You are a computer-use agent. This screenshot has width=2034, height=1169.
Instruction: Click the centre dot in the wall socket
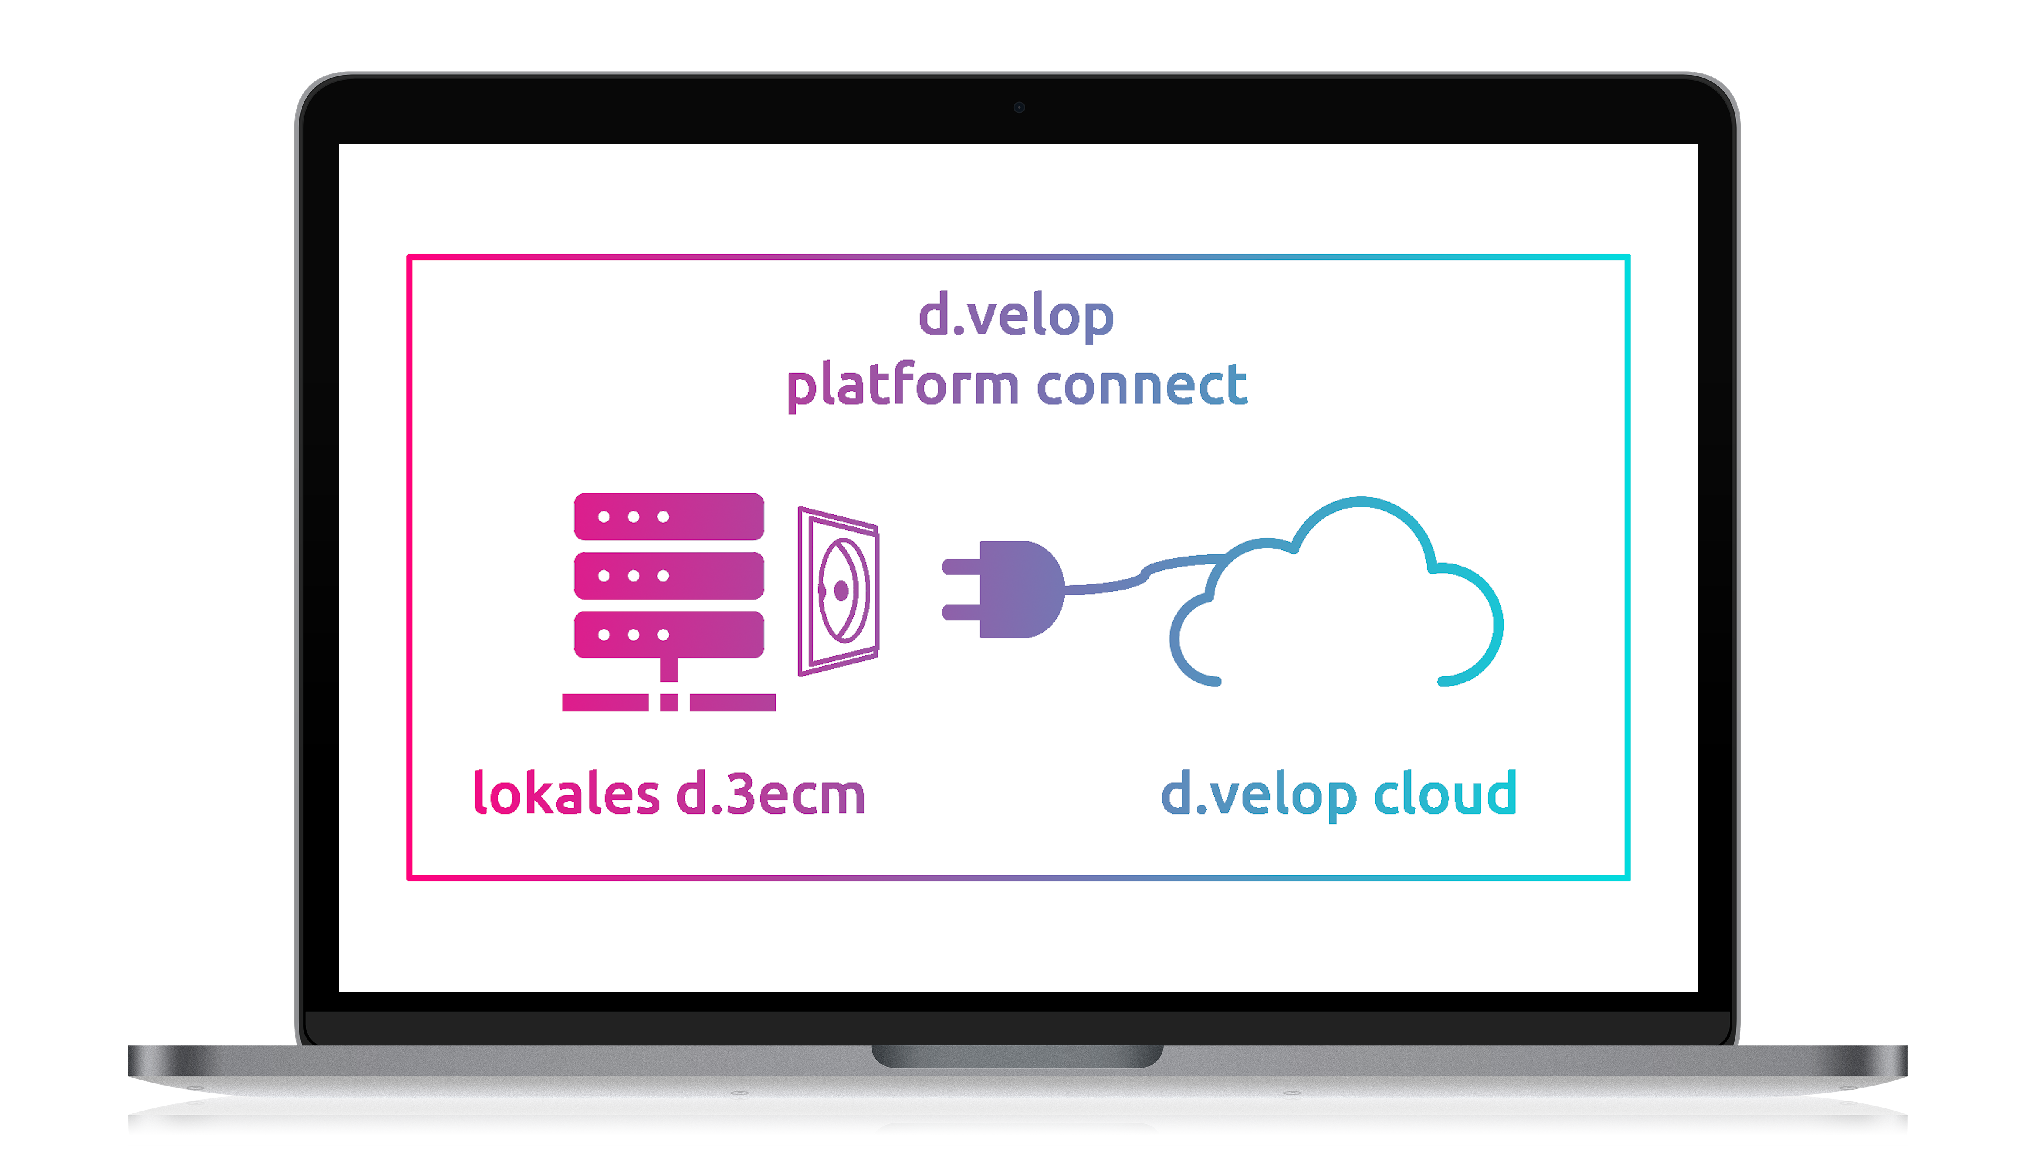[x=841, y=591]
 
